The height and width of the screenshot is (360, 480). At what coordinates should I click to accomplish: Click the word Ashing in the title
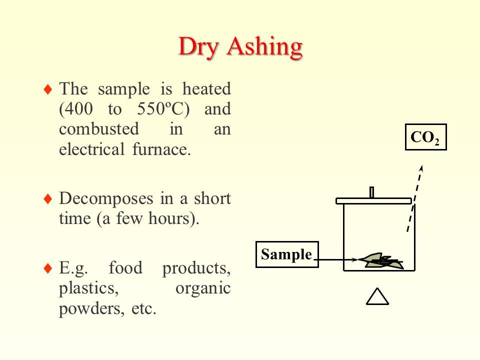pyautogui.click(x=265, y=47)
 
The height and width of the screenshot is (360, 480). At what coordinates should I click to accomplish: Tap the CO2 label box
pyautogui.click(x=426, y=137)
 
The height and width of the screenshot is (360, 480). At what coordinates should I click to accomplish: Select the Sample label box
pyautogui.click(x=287, y=254)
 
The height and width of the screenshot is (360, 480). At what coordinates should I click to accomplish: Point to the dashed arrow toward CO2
pyautogui.click(x=415, y=198)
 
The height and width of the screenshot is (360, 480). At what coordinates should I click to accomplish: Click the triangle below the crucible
pyautogui.click(x=377, y=296)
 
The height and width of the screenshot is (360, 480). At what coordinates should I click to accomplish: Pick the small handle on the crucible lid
pyautogui.click(x=371, y=192)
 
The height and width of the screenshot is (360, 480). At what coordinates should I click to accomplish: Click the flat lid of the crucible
pyautogui.click(x=374, y=201)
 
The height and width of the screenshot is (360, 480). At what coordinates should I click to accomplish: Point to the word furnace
pyautogui.click(x=161, y=149)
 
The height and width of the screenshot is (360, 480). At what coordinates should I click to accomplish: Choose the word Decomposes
pyautogui.click(x=106, y=199)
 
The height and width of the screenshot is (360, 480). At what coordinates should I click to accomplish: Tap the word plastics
pyautogui.click(x=89, y=288)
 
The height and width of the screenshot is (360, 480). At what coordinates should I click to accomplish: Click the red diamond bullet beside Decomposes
pyautogui.click(x=48, y=199)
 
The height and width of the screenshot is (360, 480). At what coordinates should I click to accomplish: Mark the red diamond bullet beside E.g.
pyautogui.click(x=48, y=268)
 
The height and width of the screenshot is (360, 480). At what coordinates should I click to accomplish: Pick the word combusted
pyautogui.click(x=99, y=129)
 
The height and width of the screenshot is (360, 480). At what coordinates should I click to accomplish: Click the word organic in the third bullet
pyautogui.click(x=203, y=288)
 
